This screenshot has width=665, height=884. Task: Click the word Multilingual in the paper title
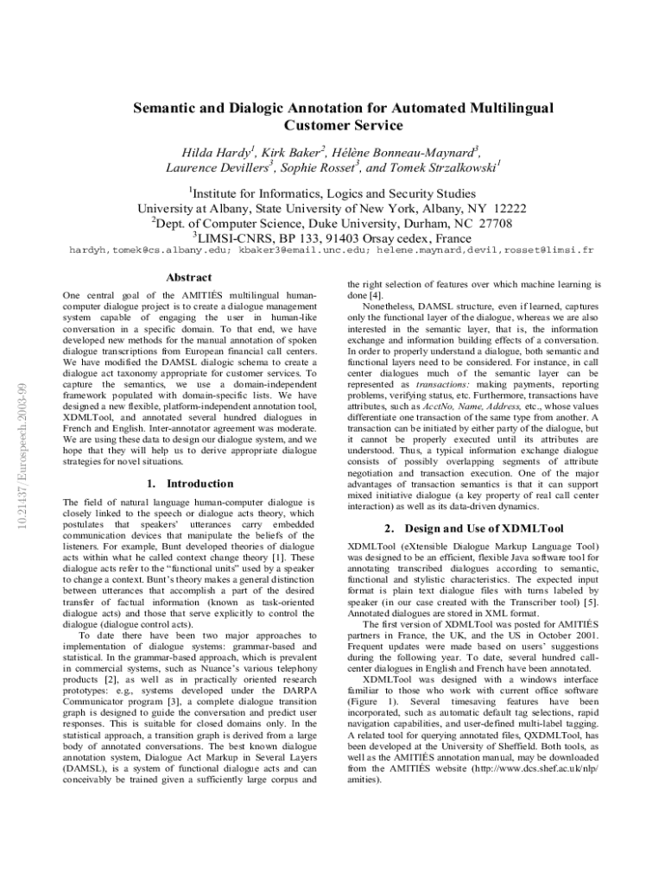(500, 108)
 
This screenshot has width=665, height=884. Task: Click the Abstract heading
(187, 277)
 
